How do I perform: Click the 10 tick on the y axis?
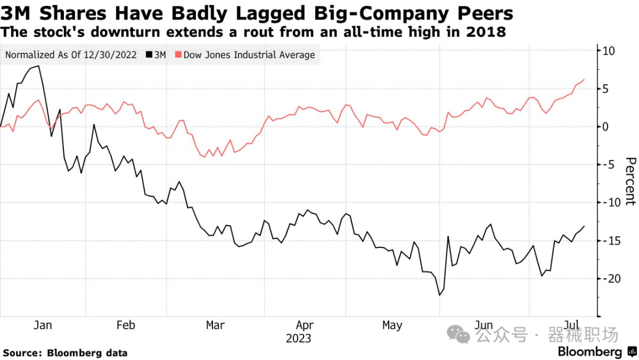(608, 51)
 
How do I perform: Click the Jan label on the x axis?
(43, 325)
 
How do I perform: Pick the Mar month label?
(215, 325)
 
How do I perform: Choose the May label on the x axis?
(392, 325)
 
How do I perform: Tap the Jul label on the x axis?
(572, 325)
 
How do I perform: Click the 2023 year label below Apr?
(298, 339)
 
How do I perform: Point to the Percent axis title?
(630, 181)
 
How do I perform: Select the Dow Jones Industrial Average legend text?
(249, 55)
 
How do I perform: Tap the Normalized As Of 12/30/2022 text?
(71, 55)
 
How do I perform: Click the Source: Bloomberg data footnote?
(65, 353)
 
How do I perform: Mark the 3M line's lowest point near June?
(440, 295)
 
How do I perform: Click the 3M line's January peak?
(38, 66)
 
